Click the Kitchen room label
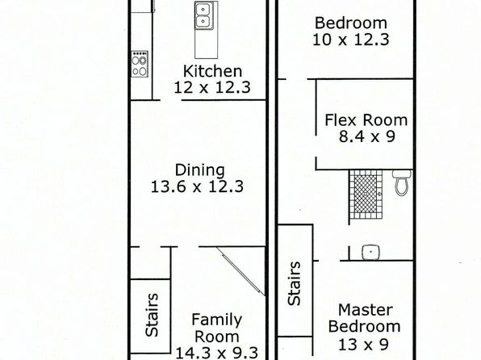(x=212, y=71)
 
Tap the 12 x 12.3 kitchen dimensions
(x=212, y=87)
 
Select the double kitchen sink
(x=202, y=16)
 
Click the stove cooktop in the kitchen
(x=140, y=64)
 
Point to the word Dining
(x=199, y=170)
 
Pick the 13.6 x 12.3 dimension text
(x=197, y=186)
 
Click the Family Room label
(x=217, y=328)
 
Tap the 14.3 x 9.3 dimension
(x=217, y=353)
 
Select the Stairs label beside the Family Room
(x=152, y=315)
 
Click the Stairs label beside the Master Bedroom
(x=294, y=283)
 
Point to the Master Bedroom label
(x=365, y=318)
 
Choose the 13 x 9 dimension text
(x=363, y=345)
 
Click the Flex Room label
(x=366, y=120)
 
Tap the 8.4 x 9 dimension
(x=367, y=136)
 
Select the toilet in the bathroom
(x=402, y=183)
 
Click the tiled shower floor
(x=366, y=195)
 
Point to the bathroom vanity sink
(x=371, y=253)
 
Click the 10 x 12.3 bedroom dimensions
(x=351, y=40)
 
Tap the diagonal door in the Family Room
(x=240, y=271)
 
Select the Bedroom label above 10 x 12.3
(x=351, y=23)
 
